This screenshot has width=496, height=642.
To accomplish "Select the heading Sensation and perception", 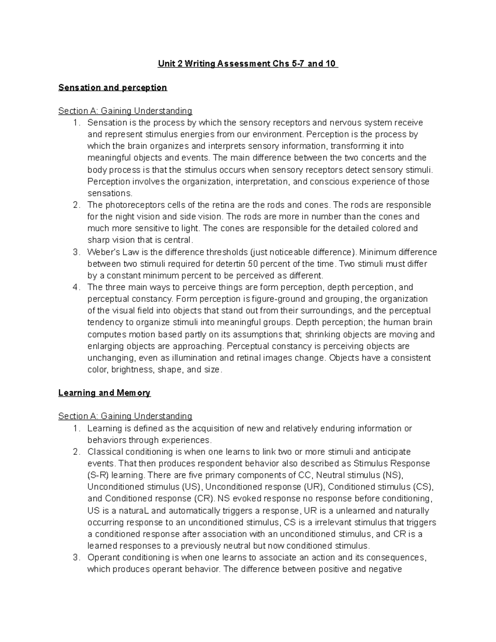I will tap(112, 88).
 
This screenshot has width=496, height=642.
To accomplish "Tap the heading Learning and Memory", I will tap(104, 393).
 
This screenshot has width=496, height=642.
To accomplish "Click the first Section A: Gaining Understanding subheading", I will tap(125, 111).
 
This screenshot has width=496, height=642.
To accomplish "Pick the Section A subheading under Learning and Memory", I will tap(125, 416).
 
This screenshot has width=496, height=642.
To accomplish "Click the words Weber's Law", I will tap(107, 252).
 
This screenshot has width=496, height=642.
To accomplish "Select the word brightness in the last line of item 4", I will tap(134, 370).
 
